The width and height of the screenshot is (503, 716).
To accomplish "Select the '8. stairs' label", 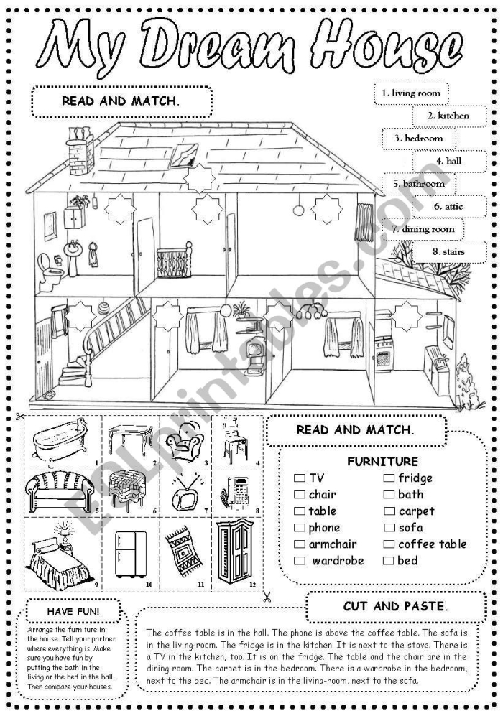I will (x=449, y=252).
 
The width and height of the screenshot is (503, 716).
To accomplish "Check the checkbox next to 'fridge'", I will (x=388, y=478).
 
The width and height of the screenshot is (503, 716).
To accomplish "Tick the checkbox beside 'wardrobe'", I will (x=300, y=561).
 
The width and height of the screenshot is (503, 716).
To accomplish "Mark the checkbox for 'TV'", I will (x=300, y=478).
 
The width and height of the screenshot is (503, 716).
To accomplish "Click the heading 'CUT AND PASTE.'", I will (x=394, y=606).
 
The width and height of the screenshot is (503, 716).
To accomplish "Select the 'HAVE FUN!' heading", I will (x=73, y=611).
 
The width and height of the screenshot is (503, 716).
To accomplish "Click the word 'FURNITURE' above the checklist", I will (x=382, y=462).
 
